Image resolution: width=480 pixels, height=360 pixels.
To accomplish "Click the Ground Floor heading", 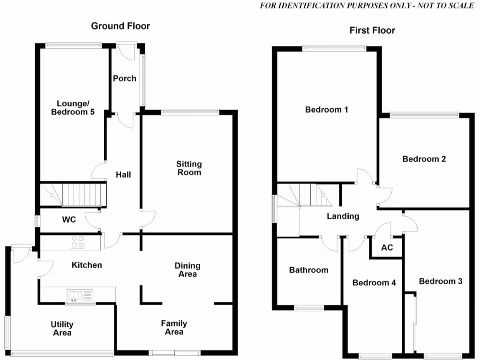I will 120,26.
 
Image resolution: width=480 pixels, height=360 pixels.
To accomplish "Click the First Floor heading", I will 372,30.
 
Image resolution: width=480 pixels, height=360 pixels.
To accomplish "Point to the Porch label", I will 125,78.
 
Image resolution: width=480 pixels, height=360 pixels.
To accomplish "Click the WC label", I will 69,219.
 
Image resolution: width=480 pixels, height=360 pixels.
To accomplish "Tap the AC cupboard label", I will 387,247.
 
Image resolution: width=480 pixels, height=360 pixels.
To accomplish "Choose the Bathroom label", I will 308,270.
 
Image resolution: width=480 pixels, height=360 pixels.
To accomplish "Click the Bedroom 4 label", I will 374,283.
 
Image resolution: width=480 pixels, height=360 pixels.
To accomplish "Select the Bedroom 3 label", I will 441,281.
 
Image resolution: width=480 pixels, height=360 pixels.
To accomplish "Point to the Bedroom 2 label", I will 424,159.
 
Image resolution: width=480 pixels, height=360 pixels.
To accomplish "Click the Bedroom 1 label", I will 326,110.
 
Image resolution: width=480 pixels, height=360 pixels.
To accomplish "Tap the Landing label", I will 343,216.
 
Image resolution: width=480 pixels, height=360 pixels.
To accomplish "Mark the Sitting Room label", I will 189,168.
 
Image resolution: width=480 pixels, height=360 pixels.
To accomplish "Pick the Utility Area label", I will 62,328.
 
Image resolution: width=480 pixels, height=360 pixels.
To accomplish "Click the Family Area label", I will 174,327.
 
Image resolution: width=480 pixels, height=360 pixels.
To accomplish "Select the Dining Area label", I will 187,270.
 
